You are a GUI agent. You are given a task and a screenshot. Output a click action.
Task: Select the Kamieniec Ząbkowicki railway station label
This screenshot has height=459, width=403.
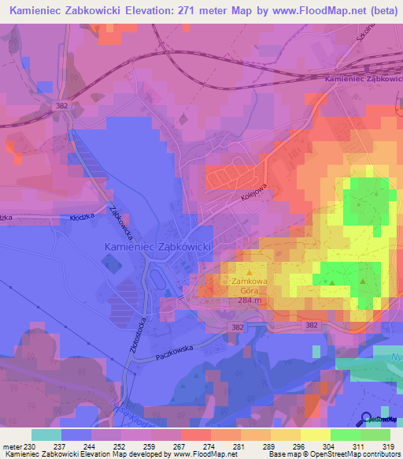[x=363, y=80]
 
